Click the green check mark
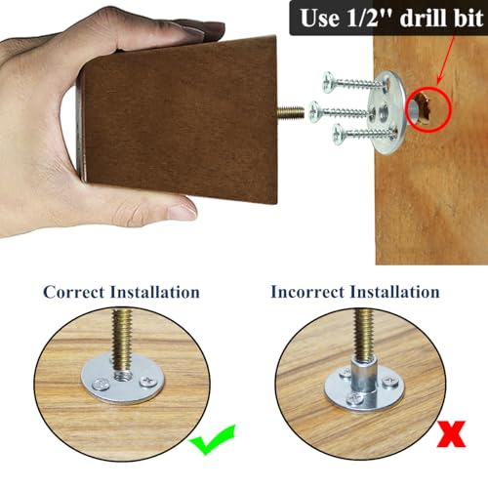(x=213, y=439)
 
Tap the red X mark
(x=452, y=434)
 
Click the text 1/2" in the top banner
(x=369, y=19)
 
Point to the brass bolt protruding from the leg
(x=290, y=112)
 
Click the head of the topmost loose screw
(x=329, y=82)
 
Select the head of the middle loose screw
(x=314, y=111)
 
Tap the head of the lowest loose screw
(x=339, y=134)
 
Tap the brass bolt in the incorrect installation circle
(x=363, y=334)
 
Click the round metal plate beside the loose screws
(x=386, y=112)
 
